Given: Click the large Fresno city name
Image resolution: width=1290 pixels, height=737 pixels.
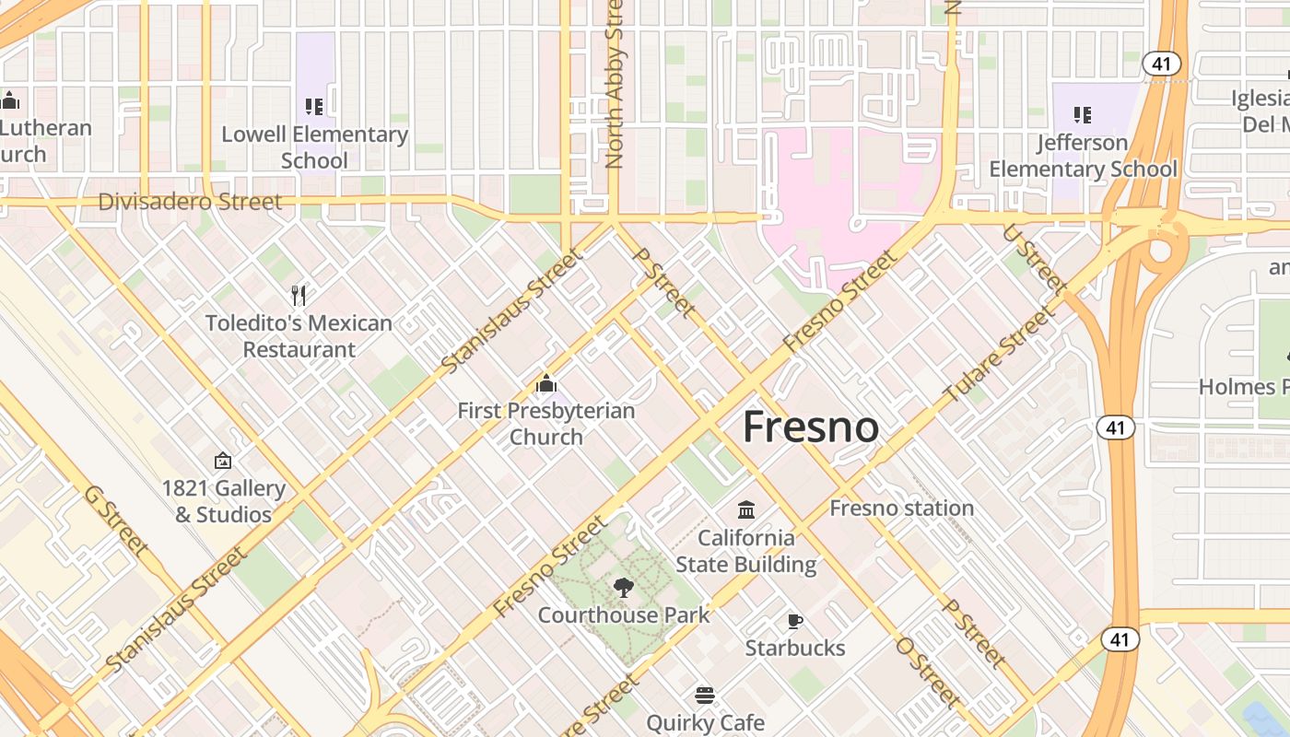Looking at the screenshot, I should click(810, 427).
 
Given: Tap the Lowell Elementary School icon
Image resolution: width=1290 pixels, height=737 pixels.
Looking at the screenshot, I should click(314, 108).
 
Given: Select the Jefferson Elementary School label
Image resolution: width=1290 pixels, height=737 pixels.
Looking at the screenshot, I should click(1083, 156).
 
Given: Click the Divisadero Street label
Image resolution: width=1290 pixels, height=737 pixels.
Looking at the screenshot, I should click(190, 202).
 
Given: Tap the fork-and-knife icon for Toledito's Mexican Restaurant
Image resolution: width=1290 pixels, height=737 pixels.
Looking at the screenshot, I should click(299, 296).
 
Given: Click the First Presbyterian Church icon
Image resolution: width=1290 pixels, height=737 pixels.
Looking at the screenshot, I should click(546, 383).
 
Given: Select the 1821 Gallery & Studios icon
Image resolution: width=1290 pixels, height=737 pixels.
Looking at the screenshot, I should click(223, 461).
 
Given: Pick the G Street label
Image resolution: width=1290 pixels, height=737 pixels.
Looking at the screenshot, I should click(116, 521).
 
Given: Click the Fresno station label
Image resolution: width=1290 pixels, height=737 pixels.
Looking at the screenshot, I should click(901, 508).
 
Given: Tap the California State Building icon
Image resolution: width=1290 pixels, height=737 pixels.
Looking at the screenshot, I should click(746, 509).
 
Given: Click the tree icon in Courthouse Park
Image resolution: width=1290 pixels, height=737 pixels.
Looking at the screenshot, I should click(624, 588).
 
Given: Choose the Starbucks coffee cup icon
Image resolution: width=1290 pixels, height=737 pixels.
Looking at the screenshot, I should click(794, 621).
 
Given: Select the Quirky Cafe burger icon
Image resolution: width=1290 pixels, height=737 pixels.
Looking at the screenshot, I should click(705, 695).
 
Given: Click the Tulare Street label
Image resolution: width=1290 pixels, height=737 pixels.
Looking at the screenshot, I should click(998, 356).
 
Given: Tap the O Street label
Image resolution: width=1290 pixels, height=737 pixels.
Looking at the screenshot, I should click(928, 672).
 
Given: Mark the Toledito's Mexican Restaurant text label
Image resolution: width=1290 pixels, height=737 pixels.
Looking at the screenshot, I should click(299, 336).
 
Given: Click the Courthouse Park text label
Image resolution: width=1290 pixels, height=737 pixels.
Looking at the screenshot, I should click(624, 614).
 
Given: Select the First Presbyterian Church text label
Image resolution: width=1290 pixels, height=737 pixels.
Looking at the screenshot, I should click(546, 424).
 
